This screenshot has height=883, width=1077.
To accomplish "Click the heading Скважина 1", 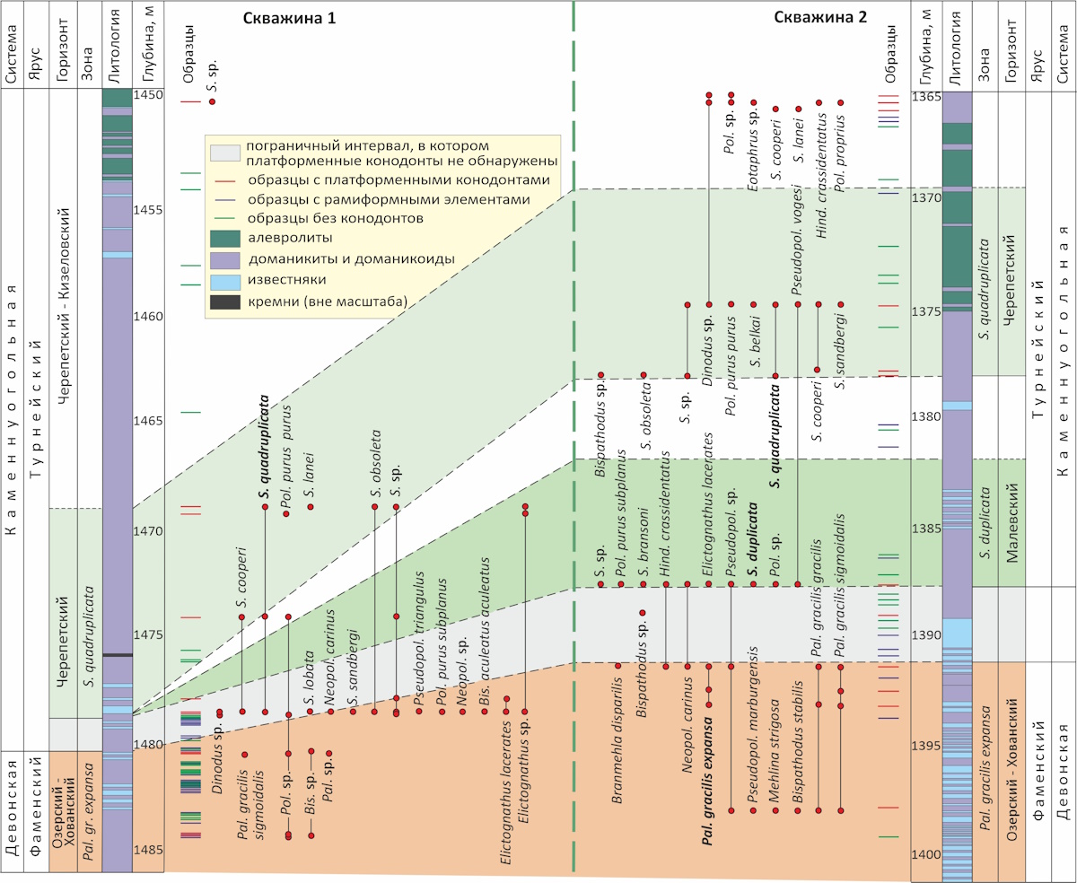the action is click(x=289, y=18).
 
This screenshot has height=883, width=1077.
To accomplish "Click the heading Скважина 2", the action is click(x=820, y=17).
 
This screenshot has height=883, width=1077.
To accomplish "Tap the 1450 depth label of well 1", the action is click(x=148, y=95).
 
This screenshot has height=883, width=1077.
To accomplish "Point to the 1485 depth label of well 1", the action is click(x=148, y=850).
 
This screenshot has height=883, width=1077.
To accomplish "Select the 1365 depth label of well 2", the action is click(x=926, y=97).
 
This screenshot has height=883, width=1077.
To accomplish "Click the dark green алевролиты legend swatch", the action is click(x=225, y=239).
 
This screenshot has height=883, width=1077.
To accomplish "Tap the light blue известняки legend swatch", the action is click(x=225, y=281).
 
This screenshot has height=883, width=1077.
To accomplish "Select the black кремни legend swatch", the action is click(x=225, y=302).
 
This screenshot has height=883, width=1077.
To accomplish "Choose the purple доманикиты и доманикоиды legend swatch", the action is click(x=225, y=260).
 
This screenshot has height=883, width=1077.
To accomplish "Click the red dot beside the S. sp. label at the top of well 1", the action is click(x=213, y=101).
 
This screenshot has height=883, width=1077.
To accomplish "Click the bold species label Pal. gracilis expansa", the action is click(x=708, y=790).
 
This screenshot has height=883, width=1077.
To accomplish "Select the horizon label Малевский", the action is click(x=1011, y=523).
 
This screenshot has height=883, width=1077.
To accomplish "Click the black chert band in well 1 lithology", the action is click(x=118, y=655).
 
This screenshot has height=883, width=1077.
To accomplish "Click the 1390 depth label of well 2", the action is click(x=926, y=634).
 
